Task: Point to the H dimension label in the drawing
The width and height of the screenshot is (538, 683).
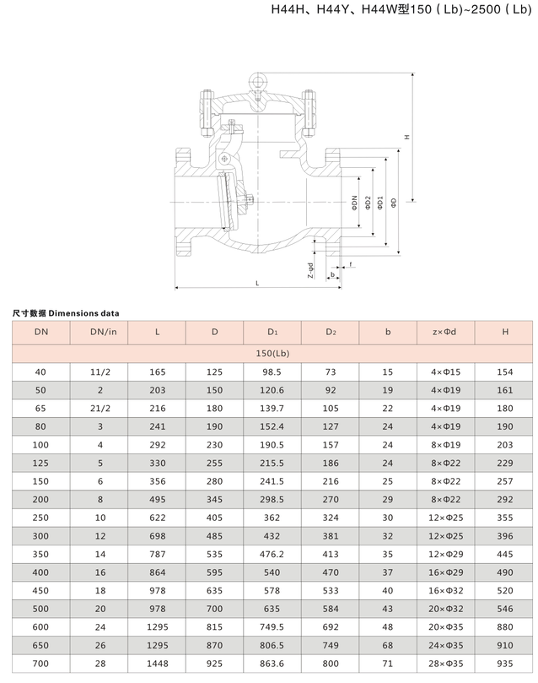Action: click(x=406, y=137)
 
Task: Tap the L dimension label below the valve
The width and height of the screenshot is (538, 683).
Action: click(x=256, y=283)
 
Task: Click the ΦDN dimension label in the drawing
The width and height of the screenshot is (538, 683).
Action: click(x=356, y=203)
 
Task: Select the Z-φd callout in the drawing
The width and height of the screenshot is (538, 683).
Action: click(x=310, y=269)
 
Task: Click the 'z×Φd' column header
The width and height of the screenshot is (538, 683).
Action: click(x=446, y=332)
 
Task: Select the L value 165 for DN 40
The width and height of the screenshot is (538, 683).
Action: click(x=157, y=372)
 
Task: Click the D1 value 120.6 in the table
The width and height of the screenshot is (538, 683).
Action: click(x=272, y=391)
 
